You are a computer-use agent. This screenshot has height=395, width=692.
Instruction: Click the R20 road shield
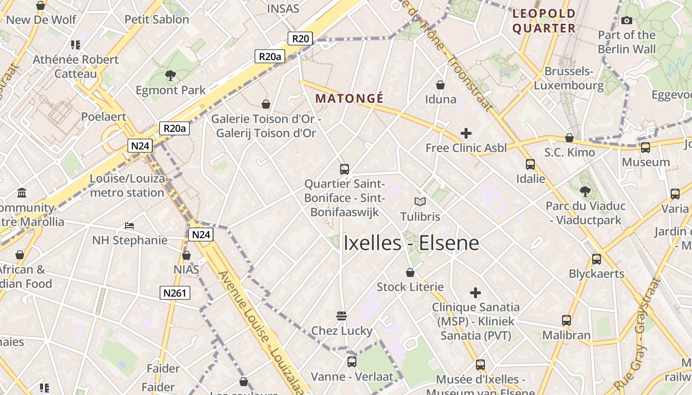[x=301, y=39]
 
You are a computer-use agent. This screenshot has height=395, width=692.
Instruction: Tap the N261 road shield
[x=175, y=293]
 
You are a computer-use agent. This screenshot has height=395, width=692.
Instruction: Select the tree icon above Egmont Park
[x=171, y=76]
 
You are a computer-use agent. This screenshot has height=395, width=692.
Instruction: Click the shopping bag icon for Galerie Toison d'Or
[x=266, y=104]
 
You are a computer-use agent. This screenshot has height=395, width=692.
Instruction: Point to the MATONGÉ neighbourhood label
[x=349, y=98]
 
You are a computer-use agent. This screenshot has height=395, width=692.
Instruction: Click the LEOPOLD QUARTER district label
[x=544, y=21]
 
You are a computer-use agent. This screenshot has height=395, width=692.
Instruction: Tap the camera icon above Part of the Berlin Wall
[x=627, y=20]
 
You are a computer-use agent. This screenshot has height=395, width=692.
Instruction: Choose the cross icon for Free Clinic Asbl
[x=466, y=133]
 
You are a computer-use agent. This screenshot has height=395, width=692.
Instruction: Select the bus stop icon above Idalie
[x=530, y=164]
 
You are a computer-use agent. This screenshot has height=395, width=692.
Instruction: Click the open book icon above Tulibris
[x=420, y=201]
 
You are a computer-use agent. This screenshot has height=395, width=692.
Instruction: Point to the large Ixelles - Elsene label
[x=411, y=243]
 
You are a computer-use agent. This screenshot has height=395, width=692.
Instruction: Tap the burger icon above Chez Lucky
[x=341, y=316]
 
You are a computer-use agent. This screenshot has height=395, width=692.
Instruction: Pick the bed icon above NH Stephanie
[x=130, y=226]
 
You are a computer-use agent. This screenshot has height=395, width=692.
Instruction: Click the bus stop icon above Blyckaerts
[x=597, y=259]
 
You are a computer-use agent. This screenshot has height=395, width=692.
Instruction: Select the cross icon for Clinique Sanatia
[x=475, y=293]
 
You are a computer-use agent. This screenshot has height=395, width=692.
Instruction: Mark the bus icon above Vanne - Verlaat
[x=351, y=362]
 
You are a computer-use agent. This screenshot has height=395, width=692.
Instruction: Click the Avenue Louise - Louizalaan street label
[x=260, y=331]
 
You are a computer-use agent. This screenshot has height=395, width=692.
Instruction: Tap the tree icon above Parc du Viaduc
[x=585, y=191]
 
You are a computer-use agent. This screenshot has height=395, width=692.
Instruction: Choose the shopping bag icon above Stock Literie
[x=410, y=273]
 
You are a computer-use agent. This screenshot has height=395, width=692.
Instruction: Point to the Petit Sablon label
[x=157, y=20]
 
